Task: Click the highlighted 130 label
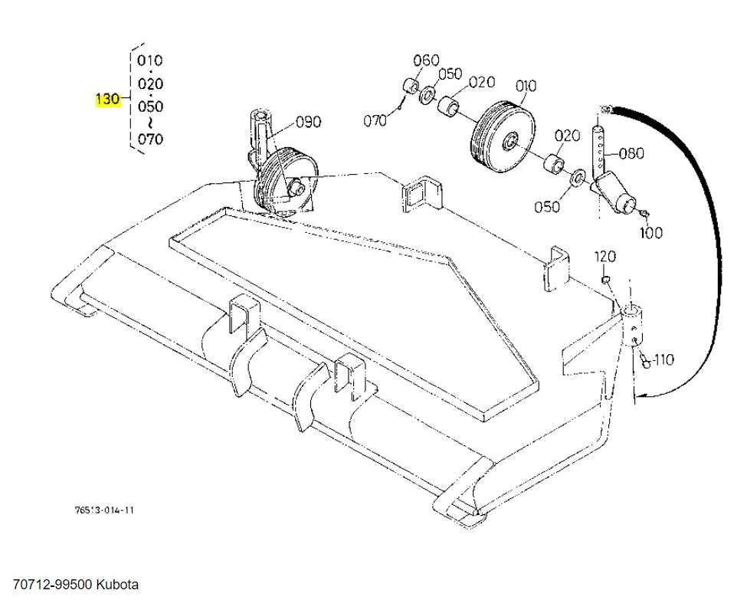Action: click(107, 99)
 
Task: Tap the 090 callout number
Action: click(308, 122)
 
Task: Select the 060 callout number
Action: click(426, 61)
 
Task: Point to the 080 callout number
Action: click(631, 153)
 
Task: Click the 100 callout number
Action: click(651, 232)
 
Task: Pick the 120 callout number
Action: click(605, 256)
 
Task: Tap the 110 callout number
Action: click(663, 359)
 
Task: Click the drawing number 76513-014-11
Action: click(106, 510)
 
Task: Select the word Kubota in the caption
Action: click(118, 585)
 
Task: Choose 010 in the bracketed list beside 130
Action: click(149, 60)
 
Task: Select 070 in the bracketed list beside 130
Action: click(149, 139)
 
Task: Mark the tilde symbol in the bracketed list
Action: click(150, 123)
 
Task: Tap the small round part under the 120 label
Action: click(604, 280)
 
